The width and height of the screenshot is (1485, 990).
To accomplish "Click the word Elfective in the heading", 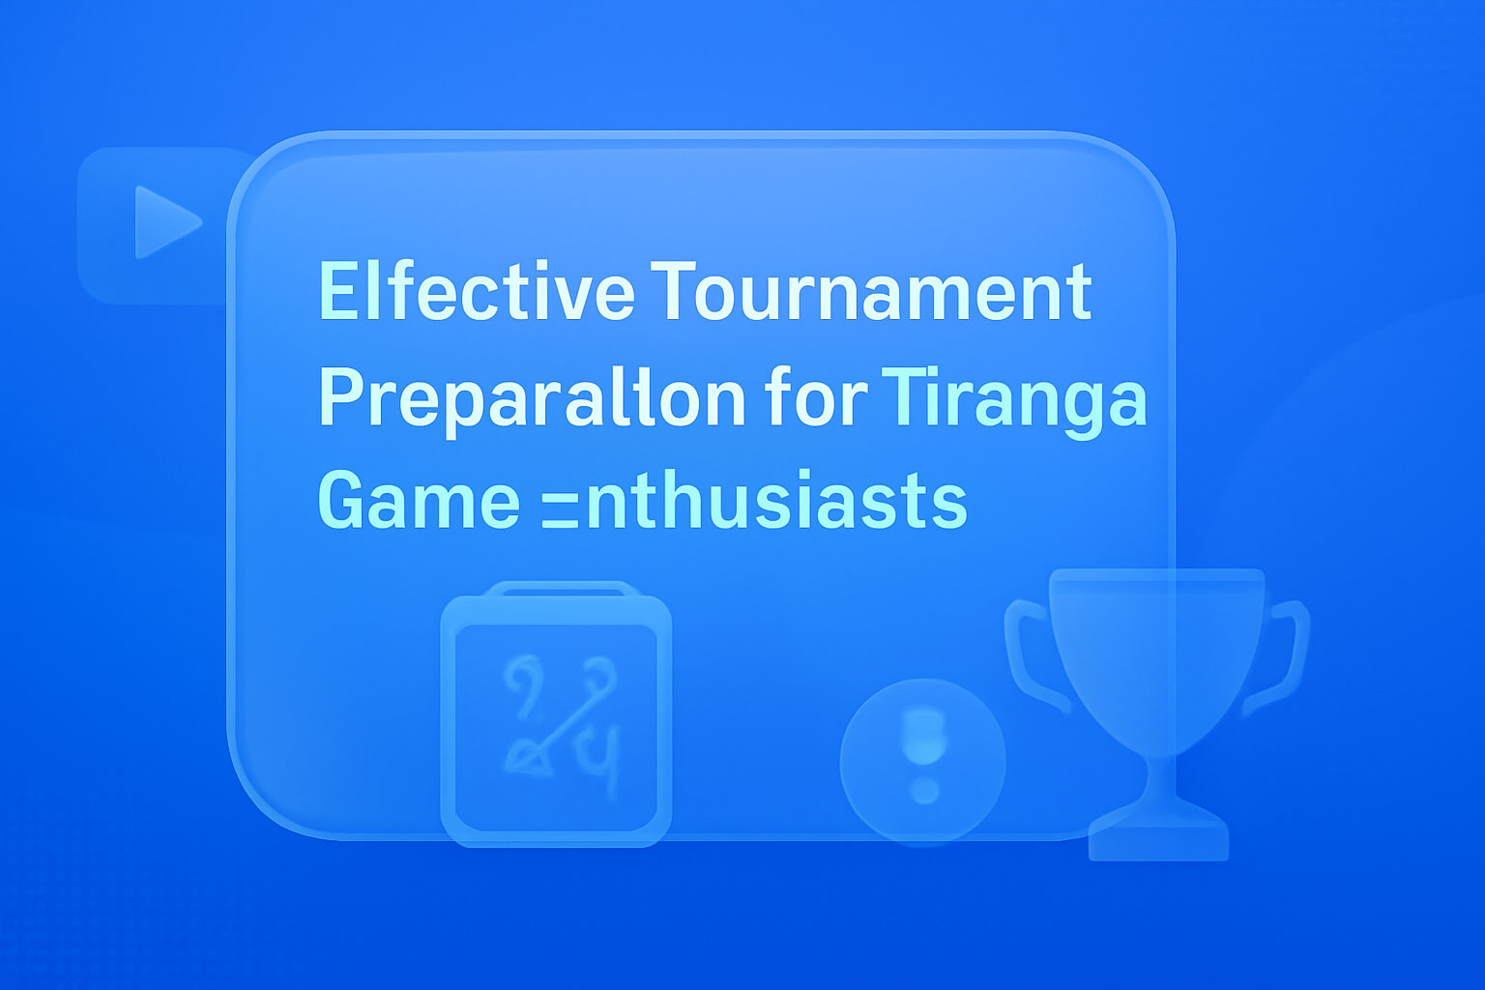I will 476,291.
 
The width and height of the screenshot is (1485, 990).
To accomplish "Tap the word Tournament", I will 871,291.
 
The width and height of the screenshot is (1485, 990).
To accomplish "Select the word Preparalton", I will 532,398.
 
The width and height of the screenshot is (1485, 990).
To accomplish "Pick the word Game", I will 419,501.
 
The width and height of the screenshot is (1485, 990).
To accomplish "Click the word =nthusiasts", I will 754,501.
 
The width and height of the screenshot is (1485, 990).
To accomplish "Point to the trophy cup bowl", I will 1156,648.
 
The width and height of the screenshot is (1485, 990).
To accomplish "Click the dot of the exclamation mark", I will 925,791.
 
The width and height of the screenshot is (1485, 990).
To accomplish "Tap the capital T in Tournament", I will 674,291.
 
